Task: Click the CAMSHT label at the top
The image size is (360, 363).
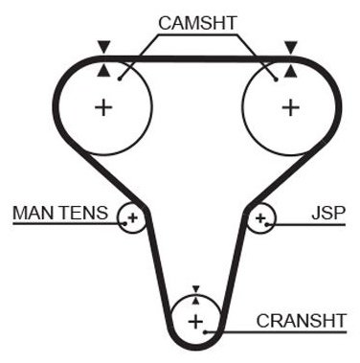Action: pos(197,23)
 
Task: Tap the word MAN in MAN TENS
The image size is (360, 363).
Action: pos(33,213)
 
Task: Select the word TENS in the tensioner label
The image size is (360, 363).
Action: pos(83,213)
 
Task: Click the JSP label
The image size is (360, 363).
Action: pos(328,213)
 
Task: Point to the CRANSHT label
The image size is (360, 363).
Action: pos(301,321)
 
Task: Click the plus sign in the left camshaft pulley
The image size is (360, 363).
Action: pos(103,107)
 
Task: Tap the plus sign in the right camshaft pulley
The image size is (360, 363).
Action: pos(291,107)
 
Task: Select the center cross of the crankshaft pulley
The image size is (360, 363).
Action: pos(195,322)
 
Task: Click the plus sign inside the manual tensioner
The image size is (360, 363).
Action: pos(133,218)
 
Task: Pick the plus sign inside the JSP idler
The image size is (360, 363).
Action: pos(260,218)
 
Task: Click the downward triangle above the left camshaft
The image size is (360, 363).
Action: pos(104,47)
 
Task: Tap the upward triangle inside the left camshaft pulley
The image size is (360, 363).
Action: pos(103,70)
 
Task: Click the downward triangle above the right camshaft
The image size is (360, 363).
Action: pos(291,47)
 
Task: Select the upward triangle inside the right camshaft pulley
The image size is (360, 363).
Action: pos(290,71)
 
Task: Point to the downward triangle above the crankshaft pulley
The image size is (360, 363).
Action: pos(196,289)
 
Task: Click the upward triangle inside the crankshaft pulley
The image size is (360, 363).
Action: pos(196,301)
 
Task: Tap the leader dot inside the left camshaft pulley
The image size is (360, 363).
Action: pos(120,79)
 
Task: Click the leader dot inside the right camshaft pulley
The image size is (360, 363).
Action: pos(277,79)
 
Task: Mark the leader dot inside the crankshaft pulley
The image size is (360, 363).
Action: pos(206,332)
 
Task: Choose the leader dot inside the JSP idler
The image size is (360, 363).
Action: pos(267,224)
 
